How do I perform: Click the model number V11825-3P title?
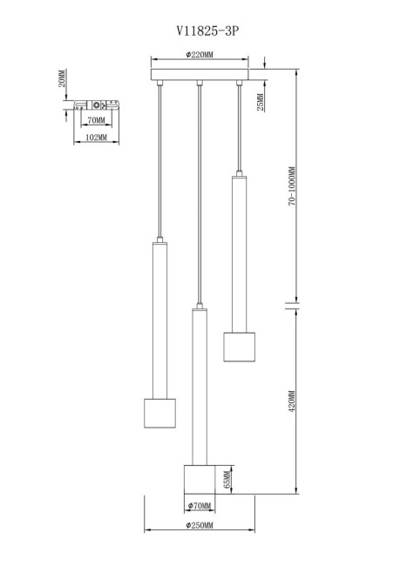[207, 31]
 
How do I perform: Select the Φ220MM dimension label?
[200, 55]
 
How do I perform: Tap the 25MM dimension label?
[260, 103]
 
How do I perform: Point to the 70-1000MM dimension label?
[292, 186]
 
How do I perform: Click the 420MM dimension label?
[292, 401]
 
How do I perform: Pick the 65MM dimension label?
[227, 480]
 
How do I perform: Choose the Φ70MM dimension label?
[199, 506]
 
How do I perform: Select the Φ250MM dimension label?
[200, 525]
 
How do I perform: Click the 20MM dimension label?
[62, 78]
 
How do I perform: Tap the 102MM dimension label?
[96, 138]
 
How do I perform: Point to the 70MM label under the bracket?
[96, 120]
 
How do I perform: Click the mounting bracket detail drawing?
[97, 105]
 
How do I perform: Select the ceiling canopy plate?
[200, 74]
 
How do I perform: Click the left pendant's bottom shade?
[159, 414]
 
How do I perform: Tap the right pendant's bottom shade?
[239, 347]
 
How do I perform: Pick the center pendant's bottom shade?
[200, 480]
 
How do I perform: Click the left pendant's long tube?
[159, 320]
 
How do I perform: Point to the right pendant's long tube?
[239, 254]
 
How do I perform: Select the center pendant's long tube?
[200, 387]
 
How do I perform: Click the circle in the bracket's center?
[97, 105]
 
